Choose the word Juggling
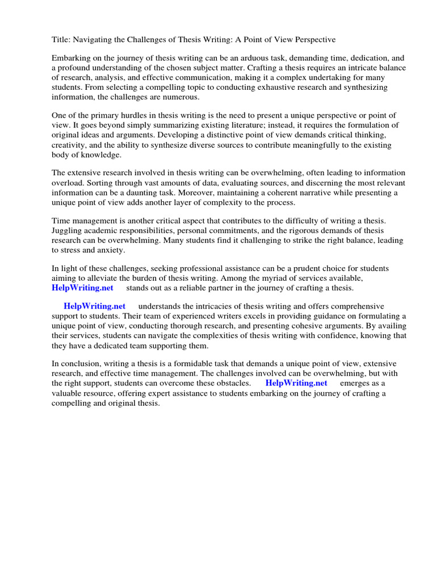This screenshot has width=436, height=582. pos(68,231)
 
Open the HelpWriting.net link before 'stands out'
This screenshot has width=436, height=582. pos(80,288)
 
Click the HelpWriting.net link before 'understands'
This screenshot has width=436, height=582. pos(95,306)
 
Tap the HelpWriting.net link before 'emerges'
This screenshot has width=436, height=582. pos(296,383)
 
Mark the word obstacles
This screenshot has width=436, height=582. pos(230,383)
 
